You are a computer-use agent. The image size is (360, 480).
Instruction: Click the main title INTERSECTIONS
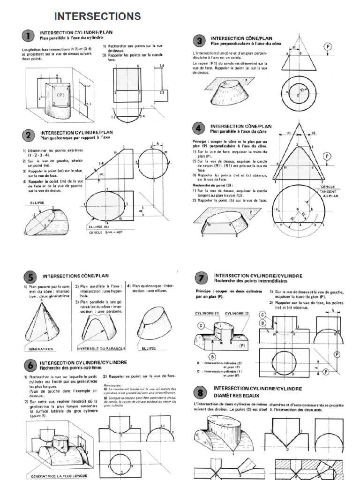[x=97, y=16]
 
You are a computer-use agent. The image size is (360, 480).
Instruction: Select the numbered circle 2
[x=30, y=135]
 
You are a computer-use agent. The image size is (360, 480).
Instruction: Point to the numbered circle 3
[x=199, y=41]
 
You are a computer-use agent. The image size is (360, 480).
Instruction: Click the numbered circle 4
[x=199, y=128]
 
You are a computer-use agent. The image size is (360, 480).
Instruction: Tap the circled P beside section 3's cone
[x=328, y=47]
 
